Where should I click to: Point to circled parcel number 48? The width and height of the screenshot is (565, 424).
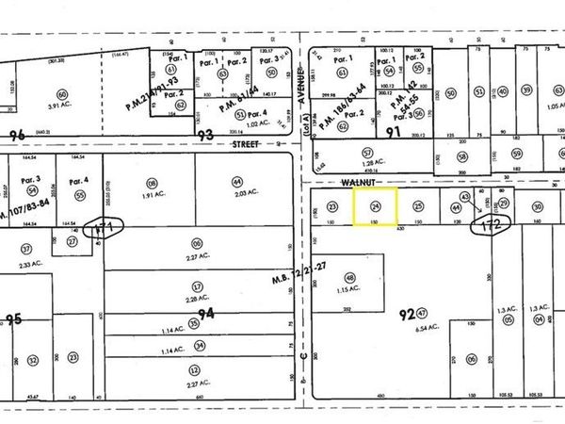coord(350,278)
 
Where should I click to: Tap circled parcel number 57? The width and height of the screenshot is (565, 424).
coord(366,152)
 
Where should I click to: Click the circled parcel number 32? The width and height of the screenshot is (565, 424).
coord(32,360)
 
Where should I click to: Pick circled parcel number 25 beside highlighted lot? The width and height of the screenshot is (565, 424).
coord(419,205)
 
